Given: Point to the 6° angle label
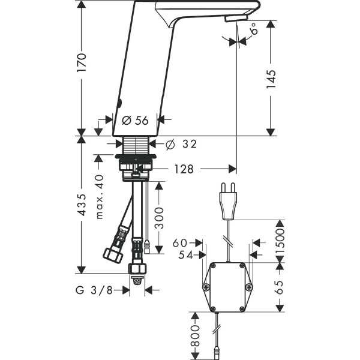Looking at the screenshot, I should point(255,28).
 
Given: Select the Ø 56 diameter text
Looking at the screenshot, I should point(135,121).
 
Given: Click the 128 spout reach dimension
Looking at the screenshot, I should point(185,169).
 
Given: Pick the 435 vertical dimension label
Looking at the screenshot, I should point(82,205).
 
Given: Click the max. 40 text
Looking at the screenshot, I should point(100,196).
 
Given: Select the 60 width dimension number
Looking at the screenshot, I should point(179,243).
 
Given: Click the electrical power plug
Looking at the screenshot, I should point(229,203).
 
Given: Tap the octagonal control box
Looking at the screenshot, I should point(227,287).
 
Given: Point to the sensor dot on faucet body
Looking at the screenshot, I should point(119,101).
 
